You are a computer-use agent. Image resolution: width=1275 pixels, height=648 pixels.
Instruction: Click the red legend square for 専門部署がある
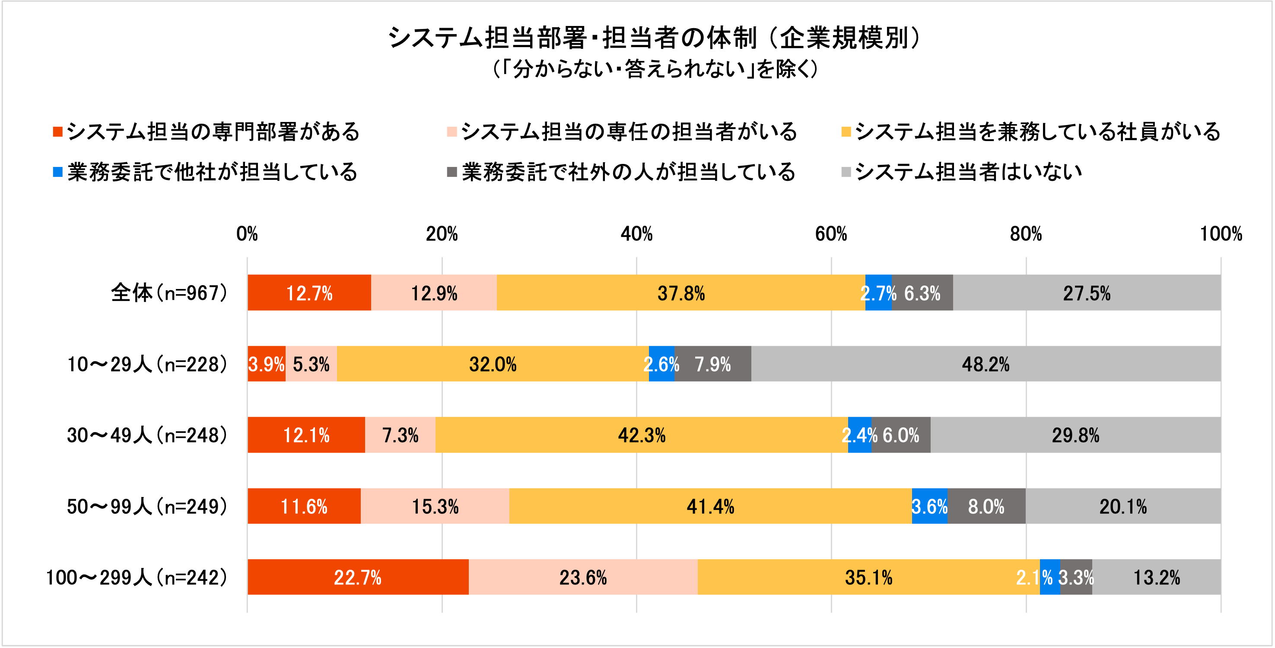tap(57, 132)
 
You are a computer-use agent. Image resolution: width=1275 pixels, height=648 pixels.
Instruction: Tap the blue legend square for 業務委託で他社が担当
tap(57, 172)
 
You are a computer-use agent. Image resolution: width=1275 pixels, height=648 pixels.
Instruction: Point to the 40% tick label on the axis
tap(636, 234)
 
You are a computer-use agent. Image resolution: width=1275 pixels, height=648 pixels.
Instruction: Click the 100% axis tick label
tap(1221, 234)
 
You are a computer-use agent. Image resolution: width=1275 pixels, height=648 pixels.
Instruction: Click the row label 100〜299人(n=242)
tap(137, 577)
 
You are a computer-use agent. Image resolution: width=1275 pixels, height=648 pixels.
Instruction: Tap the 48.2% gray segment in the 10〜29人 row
tap(985, 364)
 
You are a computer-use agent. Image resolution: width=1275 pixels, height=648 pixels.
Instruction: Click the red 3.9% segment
tap(266, 364)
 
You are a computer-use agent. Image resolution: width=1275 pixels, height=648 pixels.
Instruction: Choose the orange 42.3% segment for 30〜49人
tap(642, 435)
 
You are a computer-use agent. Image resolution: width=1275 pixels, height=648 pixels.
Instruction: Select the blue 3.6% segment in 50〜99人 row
tap(929, 506)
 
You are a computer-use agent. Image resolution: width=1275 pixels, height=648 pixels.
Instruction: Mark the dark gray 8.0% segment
tap(986, 506)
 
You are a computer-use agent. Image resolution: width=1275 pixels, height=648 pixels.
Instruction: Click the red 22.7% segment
tap(357, 577)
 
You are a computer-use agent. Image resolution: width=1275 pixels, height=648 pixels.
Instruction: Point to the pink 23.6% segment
tap(583, 577)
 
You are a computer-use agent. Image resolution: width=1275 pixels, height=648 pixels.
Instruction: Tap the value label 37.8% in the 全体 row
tap(680, 293)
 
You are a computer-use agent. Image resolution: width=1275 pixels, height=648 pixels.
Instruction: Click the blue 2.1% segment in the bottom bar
tap(1050, 577)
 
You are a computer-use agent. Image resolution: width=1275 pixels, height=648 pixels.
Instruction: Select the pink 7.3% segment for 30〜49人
tap(400, 435)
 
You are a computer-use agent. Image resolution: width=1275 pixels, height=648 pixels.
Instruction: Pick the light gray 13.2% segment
tap(1156, 577)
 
